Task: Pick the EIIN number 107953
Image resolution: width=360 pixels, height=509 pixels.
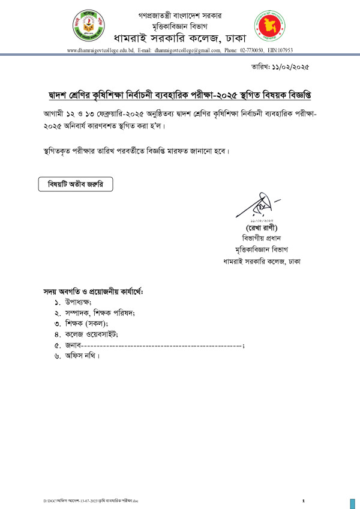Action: (x=283, y=52)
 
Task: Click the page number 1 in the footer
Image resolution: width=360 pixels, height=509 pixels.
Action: (x=304, y=500)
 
